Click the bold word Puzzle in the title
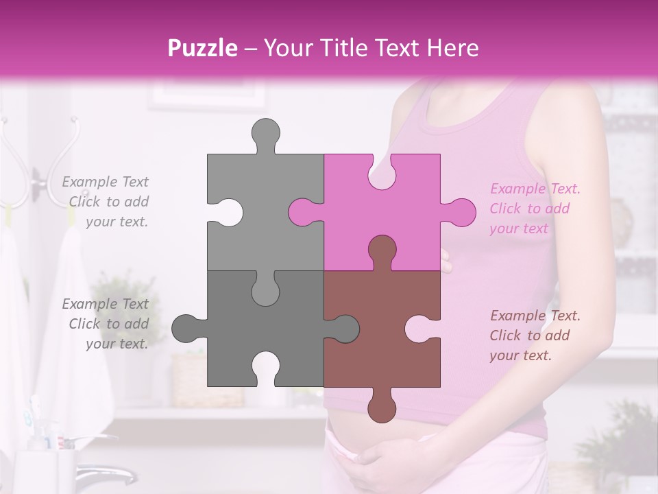203,48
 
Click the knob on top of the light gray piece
265,134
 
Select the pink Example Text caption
535,209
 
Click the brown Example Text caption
535,336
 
